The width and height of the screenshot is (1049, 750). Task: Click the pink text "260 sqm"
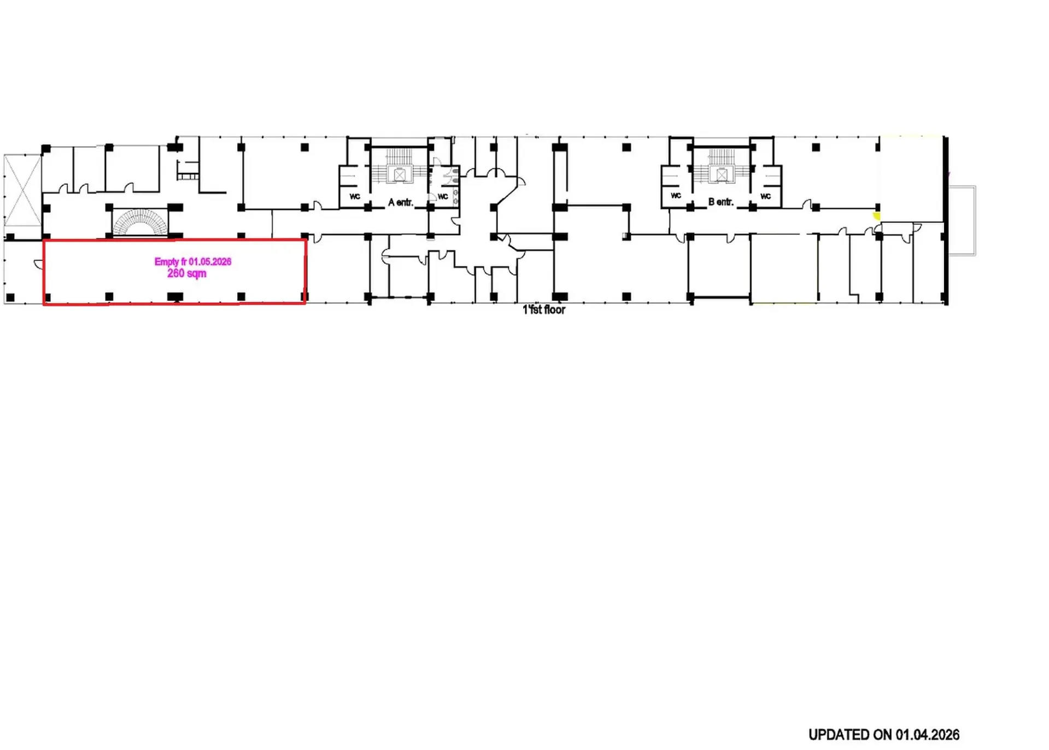pyautogui.click(x=186, y=273)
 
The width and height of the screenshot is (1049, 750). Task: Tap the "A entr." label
pyautogui.click(x=400, y=203)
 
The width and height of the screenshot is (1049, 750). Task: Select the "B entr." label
pyautogui.click(x=720, y=202)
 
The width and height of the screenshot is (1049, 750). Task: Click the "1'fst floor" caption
pyautogui.click(x=544, y=310)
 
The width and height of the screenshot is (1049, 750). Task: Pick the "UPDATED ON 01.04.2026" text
pyautogui.click(x=883, y=735)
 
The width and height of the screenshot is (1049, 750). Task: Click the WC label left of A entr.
pyautogui.click(x=355, y=197)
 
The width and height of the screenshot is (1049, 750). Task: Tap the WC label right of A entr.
pyautogui.click(x=443, y=197)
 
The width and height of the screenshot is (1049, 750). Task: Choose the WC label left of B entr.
pyautogui.click(x=676, y=196)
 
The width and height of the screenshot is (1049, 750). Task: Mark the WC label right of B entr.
pyautogui.click(x=765, y=196)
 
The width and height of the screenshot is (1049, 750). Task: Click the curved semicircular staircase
pyautogui.click(x=139, y=222)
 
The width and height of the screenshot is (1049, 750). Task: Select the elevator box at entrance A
pyautogui.click(x=400, y=175)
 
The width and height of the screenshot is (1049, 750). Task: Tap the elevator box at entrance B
pyautogui.click(x=722, y=175)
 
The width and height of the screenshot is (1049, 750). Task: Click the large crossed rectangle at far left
pyautogui.click(x=22, y=190)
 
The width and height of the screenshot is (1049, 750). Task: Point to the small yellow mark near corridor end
pyautogui.click(x=877, y=216)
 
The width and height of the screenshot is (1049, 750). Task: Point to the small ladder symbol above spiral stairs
pyautogui.click(x=187, y=170)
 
